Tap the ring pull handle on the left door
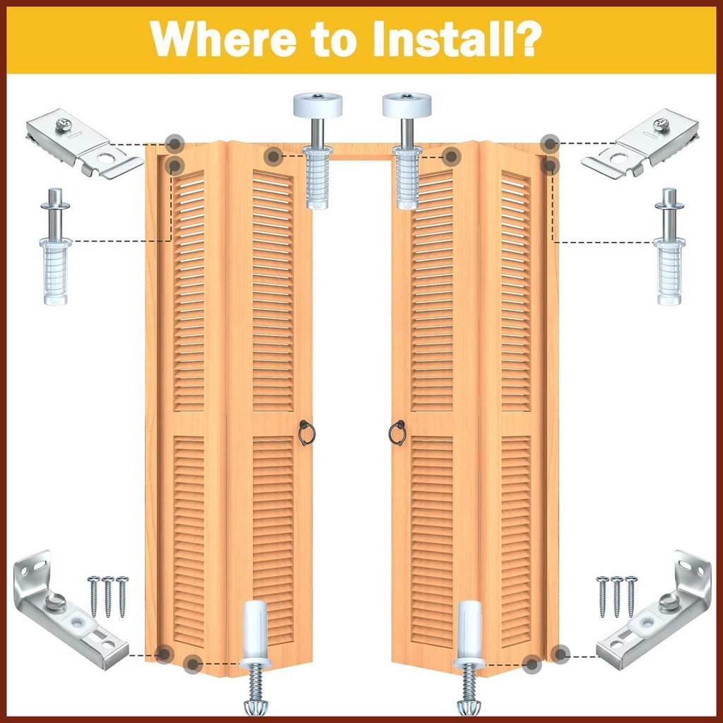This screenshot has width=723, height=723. coord(306,433)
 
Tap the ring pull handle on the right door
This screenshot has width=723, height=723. coord(397,433)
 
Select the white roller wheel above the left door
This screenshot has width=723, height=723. coord(317,105)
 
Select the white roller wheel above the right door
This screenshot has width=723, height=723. coord(407,105)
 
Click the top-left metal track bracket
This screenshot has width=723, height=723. coord(85,143)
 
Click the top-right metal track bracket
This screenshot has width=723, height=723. coord(640,143)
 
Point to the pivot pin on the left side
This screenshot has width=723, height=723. coord(56,246)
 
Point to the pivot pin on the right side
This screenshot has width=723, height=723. coord(669,246)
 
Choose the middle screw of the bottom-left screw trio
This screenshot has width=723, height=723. coord(108,597)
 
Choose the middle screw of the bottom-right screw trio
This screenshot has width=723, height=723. coord(616,597)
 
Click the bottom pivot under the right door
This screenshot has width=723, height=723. coord(469,659)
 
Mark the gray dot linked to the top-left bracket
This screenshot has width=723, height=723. coord(175,143)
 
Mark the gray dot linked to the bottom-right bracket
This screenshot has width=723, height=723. coord(560,654)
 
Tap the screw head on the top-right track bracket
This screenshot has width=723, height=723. coord(661,124)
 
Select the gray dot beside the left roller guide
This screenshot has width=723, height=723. coord(273,156)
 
